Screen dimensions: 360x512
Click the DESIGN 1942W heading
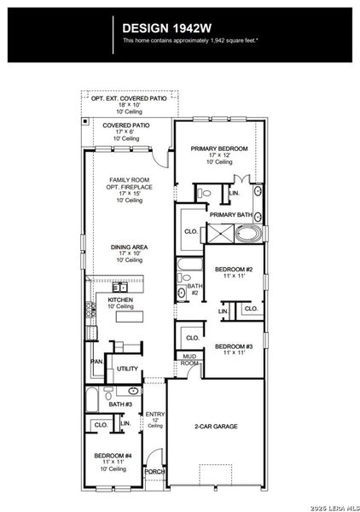(x=167, y=28)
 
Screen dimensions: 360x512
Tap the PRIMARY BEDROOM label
(x=219, y=148)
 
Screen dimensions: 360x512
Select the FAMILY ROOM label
(x=130, y=180)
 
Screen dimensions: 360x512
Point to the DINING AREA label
(x=130, y=247)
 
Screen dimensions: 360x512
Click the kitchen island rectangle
(x=130, y=317)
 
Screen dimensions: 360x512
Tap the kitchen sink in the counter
(x=119, y=288)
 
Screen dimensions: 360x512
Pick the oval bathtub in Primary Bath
(x=249, y=234)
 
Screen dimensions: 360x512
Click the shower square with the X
(x=221, y=234)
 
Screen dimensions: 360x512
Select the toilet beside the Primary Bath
(x=205, y=193)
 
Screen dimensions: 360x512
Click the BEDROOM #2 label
(x=234, y=270)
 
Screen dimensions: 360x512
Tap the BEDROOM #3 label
(x=234, y=346)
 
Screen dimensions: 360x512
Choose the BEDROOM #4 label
(x=113, y=456)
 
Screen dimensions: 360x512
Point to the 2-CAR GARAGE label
(x=216, y=426)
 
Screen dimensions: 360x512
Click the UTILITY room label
(x=127, y=369)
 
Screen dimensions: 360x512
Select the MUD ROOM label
(x=189, y=359)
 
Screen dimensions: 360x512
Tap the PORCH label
(x=154, y=472)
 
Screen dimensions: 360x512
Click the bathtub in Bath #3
(x=92, y=399)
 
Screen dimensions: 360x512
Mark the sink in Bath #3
(x=133, y=391)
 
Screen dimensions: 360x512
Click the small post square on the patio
(x=85, y=121)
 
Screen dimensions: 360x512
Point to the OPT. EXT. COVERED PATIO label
(x=129, y=98)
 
